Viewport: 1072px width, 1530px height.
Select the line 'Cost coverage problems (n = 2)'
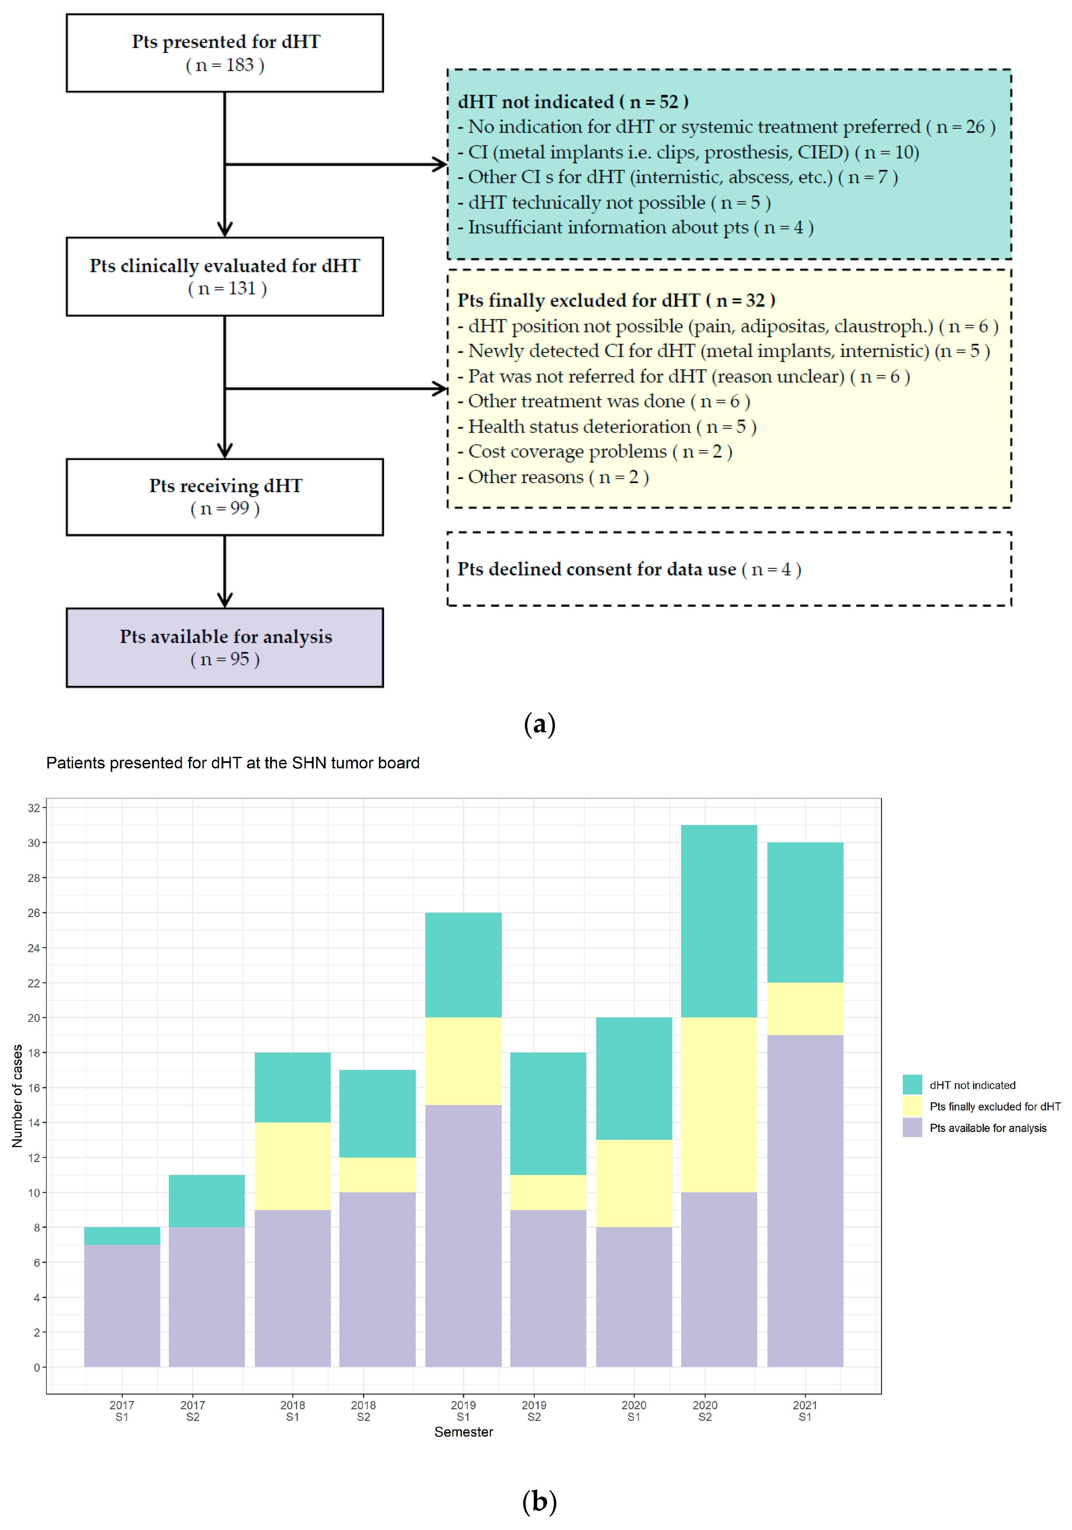click(600, 452)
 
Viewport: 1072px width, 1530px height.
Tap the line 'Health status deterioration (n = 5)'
click(612, 426)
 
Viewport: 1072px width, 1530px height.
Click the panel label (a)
click(539, 724)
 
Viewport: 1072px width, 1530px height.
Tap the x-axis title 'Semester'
click(464, 1432)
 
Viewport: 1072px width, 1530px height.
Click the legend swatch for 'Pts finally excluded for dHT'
click(912, 1106)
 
